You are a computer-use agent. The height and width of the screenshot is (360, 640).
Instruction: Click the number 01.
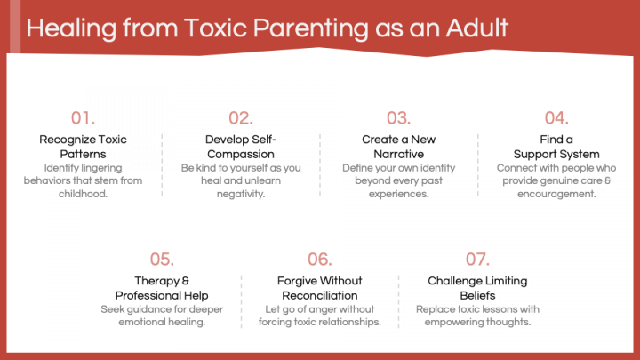click(x=83, y=118)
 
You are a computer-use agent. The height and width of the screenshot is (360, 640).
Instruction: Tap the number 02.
click(x=241, y=118)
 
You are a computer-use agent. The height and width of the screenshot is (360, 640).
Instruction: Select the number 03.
click(x=399, y=118)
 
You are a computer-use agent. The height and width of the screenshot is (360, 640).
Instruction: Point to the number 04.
click(x=556, y=118)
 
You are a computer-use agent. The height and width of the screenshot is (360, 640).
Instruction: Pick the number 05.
click(x=162, y=260)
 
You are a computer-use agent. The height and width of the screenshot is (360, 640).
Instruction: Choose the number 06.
click(x=320, y=260)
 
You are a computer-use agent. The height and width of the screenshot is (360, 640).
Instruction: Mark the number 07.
click(x=477, y=260)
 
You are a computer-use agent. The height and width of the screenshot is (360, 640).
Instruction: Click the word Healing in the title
click(x=71, y=29)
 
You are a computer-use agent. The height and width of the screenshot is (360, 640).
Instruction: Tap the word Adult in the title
click(x=476, y=28)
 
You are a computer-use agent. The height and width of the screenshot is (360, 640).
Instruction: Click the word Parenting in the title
click(x=310, y=29)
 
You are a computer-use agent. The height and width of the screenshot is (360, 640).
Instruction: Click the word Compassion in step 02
click(x=241, y=155)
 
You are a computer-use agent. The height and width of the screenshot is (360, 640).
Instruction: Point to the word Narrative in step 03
click(x=399, y=154)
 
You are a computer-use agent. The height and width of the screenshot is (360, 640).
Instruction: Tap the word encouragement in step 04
click(x=556, y=195)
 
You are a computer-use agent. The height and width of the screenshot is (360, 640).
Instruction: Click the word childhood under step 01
click(x=83, y=194)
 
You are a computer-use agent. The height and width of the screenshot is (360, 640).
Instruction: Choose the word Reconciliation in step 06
click(x=320, y=295)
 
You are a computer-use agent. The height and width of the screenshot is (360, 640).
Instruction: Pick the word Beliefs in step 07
click(x=477, y=295)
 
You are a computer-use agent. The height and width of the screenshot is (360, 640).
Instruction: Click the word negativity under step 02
click(x=241, y=195)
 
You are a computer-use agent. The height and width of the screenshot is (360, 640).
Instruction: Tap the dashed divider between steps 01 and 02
click(x=162, y=165)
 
